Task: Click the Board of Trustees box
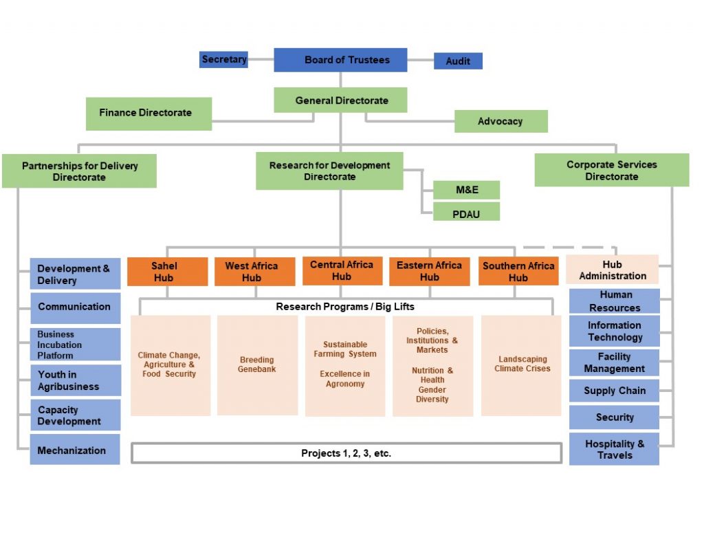(x=340, y=60)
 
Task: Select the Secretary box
(x=223, y=60)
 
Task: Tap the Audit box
(x=458, y=61)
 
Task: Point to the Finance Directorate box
(x=148, y=113)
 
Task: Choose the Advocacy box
(x=500, y=121)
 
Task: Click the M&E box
(x=466, y=190)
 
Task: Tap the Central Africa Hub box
(x=342, y=271)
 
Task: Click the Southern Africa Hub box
(x=518, y=272)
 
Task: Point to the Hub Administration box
(x=612, y=270)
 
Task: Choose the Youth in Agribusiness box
(x=75, y=380)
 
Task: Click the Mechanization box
(x=75, y=450)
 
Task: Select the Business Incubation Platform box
(x=75, y=345)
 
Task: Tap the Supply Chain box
(x=614, y=391)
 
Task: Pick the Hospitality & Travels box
(x=614, y=449)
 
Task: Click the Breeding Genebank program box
(x=257, y=365)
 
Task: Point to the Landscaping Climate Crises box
(x=521, y=365)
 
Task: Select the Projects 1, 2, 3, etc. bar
(x=346, y=453)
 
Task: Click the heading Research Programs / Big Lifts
(x=345, y=306)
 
